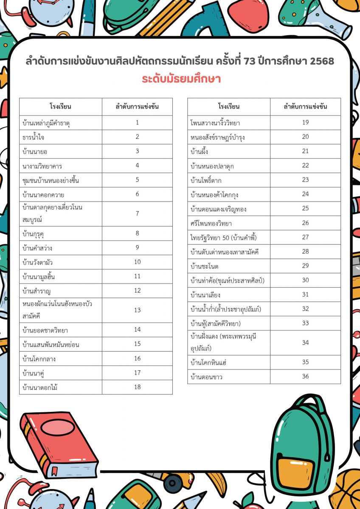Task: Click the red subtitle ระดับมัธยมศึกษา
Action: point(181,79)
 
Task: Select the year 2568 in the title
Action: point(322,62)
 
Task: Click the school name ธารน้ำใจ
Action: point(34,137)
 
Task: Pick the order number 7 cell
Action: point(137,213)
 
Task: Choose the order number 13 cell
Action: point(137,310)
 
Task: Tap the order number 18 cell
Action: point(137,387)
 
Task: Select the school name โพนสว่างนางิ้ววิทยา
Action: point(215,123)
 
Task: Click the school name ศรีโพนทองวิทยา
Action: point(211,223)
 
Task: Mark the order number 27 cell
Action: point(305,237)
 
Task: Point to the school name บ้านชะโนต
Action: point(205,266)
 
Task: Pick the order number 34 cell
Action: point(305,342)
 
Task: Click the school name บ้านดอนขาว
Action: point(207,377)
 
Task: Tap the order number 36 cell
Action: point(305,376)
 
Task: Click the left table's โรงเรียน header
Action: point(60,106)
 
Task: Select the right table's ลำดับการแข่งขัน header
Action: point(305,106)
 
